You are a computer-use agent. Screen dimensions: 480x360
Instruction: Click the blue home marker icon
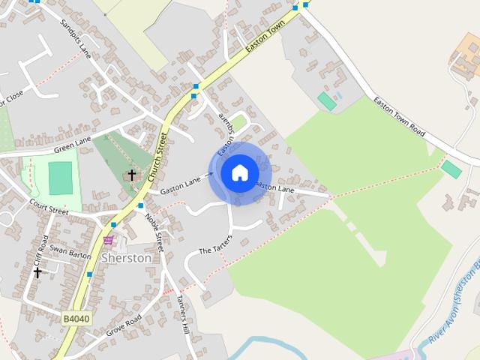pyautogui.click(x=240, y=173)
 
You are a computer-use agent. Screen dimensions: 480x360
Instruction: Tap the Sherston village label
pyautogui.click(x=126, y=257)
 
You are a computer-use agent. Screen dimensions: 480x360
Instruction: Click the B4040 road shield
pyautogui.click(x=76, y=319)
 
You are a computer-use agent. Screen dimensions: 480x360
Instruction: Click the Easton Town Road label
pyautogui.click(x=399, y=118)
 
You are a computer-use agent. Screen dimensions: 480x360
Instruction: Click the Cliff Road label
pyautogui.click(x=44, y=248)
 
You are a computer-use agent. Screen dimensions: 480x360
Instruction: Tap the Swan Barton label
pyautogui.click(x=70, y=253)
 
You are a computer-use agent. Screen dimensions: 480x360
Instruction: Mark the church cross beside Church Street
pyautogui.click(x=132, y=175)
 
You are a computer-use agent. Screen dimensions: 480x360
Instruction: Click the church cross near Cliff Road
pyautogui.click(x=37, y=272)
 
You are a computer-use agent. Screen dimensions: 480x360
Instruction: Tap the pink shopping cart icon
pyautogui.click(x=109, y=240)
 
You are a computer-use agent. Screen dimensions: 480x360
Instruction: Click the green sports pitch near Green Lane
pyautogui.click(x=60, y=178)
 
